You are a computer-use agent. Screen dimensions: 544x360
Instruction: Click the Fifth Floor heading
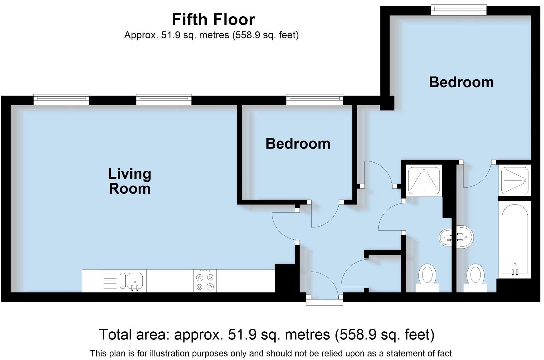pos(213,19)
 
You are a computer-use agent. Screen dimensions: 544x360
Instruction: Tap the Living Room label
pos(129,181)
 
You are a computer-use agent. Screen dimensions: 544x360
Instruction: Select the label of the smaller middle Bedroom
pos(298,144)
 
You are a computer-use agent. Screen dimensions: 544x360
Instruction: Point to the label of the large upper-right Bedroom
pos(461,82)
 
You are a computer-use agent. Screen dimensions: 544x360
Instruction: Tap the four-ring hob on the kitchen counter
pos(205,281)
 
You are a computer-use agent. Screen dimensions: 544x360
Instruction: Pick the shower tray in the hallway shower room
pos(424,180)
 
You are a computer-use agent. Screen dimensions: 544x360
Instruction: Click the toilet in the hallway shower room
pos(427,278)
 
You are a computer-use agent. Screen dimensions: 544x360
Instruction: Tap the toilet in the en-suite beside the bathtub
pos(475,278)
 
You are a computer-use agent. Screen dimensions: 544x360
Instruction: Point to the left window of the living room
pos(61,99)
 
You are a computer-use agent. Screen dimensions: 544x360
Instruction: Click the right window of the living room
pos(164,99)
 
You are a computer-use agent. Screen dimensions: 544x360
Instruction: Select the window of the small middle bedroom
pos(315,99)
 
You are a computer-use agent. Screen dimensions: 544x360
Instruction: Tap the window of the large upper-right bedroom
pos(459,10)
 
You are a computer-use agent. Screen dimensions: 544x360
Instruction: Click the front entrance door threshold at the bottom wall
pos(324,302)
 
